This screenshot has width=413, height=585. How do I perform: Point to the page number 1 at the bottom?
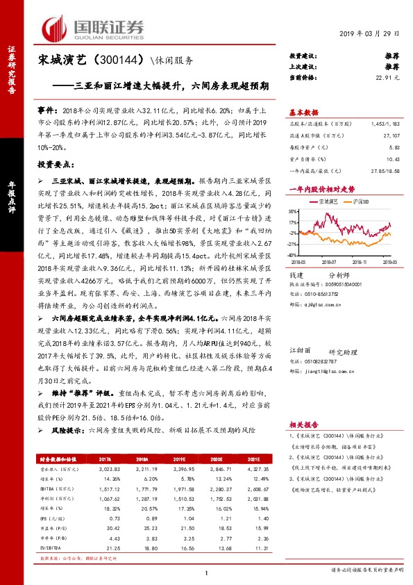[x=207, y=573]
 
